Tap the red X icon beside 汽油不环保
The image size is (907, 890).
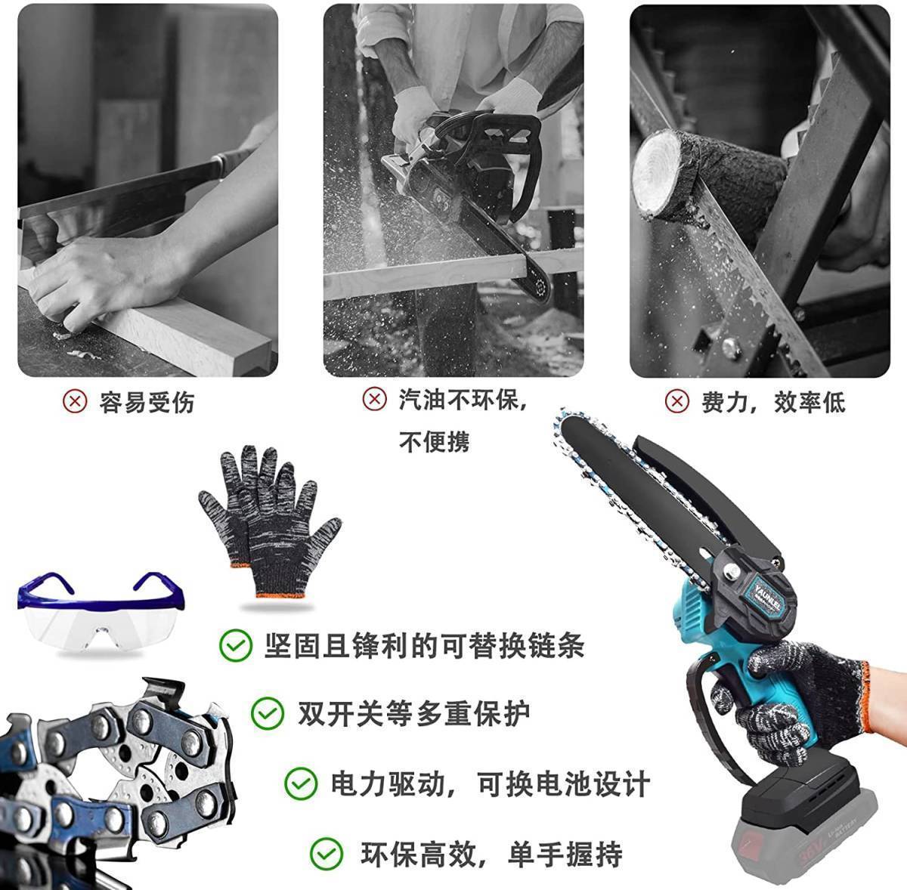point(374,399)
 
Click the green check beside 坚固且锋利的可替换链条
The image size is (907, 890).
point(236,645)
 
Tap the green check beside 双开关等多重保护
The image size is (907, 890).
point(268,713)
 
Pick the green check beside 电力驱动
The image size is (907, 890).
point(301,783)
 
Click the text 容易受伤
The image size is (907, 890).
point(147,402)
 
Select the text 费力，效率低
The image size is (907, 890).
point(773,402)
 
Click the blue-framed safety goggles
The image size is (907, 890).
point(101,611)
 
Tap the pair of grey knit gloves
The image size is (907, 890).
point(269,521)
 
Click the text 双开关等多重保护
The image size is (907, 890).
point(413,713)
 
